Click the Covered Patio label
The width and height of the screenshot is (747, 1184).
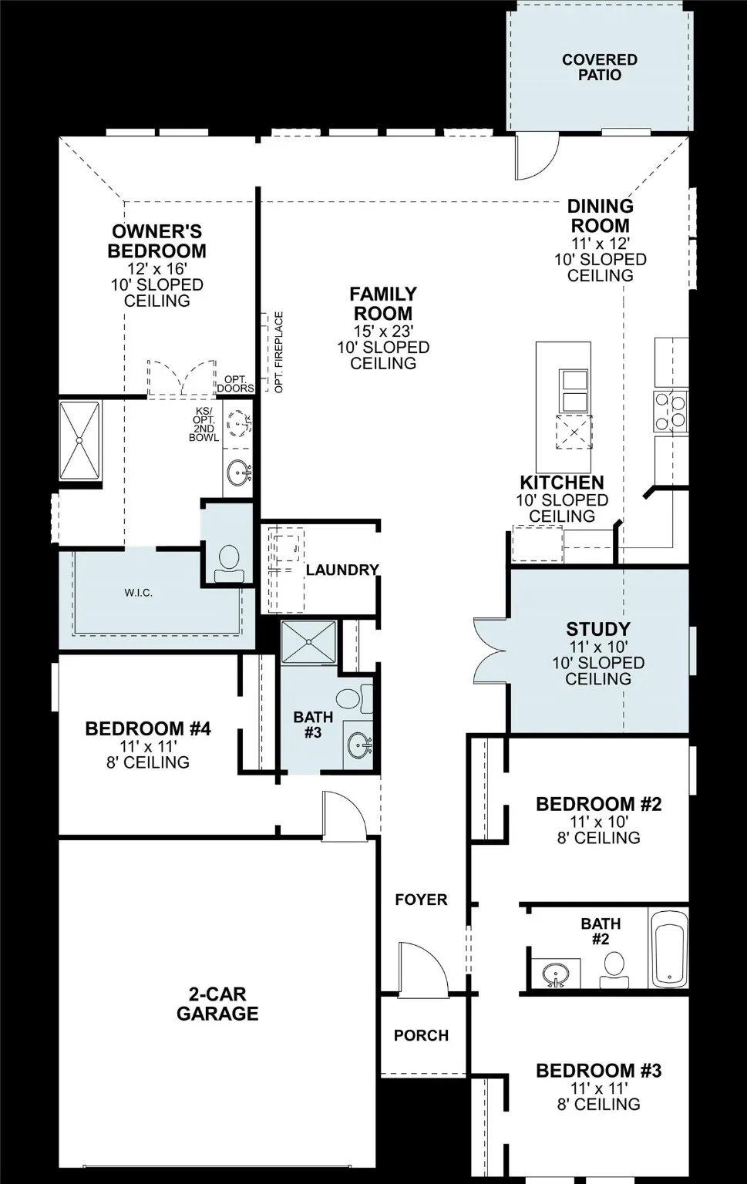coord(599,67)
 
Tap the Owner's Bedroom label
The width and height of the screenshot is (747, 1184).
coord(156,241)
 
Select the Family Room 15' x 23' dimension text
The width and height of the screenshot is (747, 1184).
coord(383,331)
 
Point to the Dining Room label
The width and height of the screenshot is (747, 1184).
coord(600,216)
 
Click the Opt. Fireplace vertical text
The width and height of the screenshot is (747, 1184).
coord(279,352)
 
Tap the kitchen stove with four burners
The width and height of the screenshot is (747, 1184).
coord(671,410)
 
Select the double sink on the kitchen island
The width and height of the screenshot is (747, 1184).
coord(574,391)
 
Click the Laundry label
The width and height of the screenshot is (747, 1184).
coord(342,570)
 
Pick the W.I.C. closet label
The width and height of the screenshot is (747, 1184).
coord(139,593)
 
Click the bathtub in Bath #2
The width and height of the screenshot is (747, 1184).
coord(668,949)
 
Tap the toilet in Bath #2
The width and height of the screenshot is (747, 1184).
coord(614,970)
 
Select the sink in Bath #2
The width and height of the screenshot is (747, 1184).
coord(555,973)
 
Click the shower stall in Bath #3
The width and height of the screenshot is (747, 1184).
coord(308,641)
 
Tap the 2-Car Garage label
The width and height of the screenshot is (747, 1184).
coord(217,1004)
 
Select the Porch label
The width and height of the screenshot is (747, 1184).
coord(421,1035)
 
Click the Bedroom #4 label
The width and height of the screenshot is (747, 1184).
coord(148,728)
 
